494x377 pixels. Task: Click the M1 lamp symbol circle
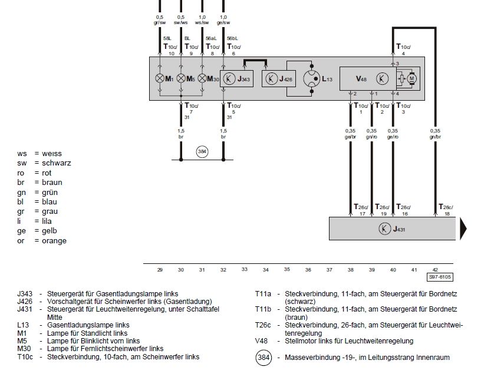[x=160, y=78]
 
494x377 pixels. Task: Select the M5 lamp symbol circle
[x=181, y=78]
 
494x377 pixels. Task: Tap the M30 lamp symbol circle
[x=202, y=78]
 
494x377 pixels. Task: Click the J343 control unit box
[x=236, y=79]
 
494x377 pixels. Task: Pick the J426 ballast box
[x=278, y=79]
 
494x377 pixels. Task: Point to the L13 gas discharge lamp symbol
[x=312, y=79]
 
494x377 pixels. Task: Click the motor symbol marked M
[x=411, y=79]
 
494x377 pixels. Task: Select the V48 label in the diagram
[x=361, y=79]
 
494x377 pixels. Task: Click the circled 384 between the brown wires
[x=202, y=151]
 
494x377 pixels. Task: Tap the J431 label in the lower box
[x=399, y=229]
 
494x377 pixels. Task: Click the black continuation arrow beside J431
[x=463, y=229]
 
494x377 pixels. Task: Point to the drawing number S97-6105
[x=440, y=277]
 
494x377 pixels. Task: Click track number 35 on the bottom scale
[x=286, y=269]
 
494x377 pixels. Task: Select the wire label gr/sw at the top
[x=160, y=22]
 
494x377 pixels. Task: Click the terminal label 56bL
[x=232, y=38]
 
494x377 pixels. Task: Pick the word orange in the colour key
[x=54, y=241]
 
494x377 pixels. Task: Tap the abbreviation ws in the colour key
[x=22, y=154]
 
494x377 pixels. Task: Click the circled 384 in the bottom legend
[x=264, y=358]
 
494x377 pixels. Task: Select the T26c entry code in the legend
[x=263, y=325]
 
